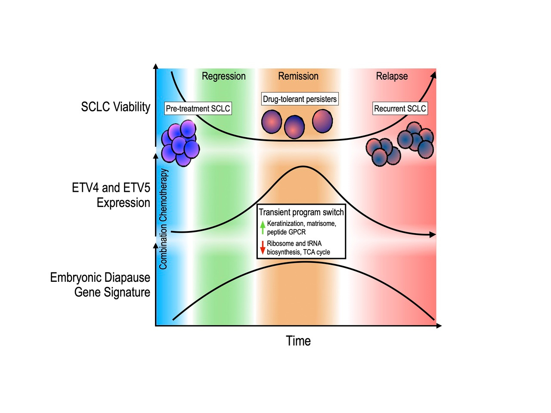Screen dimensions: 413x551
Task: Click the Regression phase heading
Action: [x=223, y=76]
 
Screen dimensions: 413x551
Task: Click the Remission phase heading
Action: [x=298, y=76]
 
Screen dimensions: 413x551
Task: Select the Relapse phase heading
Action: [x=391, y=76]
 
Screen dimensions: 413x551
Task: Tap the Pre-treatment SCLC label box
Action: [x=198, y=108]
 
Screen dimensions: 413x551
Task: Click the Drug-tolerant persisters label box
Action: [x=300, y=99]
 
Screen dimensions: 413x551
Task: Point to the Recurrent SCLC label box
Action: [x=400, y=108]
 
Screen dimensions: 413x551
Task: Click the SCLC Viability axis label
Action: [x=115, y=107]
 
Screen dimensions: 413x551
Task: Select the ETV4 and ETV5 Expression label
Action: [x=111, y=195]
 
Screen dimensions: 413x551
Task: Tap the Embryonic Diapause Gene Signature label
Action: [x=100, y=284]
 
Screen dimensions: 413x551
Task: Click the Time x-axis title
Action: [x=298, y=341]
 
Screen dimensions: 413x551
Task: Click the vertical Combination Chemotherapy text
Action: [x=163, y=219]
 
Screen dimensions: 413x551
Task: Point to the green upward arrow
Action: [x=263, y=227]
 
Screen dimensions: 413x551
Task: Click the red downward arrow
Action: [x=263, y=248]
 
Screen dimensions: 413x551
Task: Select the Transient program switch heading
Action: [x=301, y=212]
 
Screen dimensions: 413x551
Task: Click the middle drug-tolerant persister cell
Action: [x=294, y=127]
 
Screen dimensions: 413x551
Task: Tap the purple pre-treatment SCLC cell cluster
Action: [x=180, y=143]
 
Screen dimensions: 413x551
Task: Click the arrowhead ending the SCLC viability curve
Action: [x=433, y=75]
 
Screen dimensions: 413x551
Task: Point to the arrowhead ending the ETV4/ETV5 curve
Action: [x=433, y=234]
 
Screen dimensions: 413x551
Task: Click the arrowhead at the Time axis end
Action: [x=439, y=326]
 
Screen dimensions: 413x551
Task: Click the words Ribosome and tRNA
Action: [x=294, y=243]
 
